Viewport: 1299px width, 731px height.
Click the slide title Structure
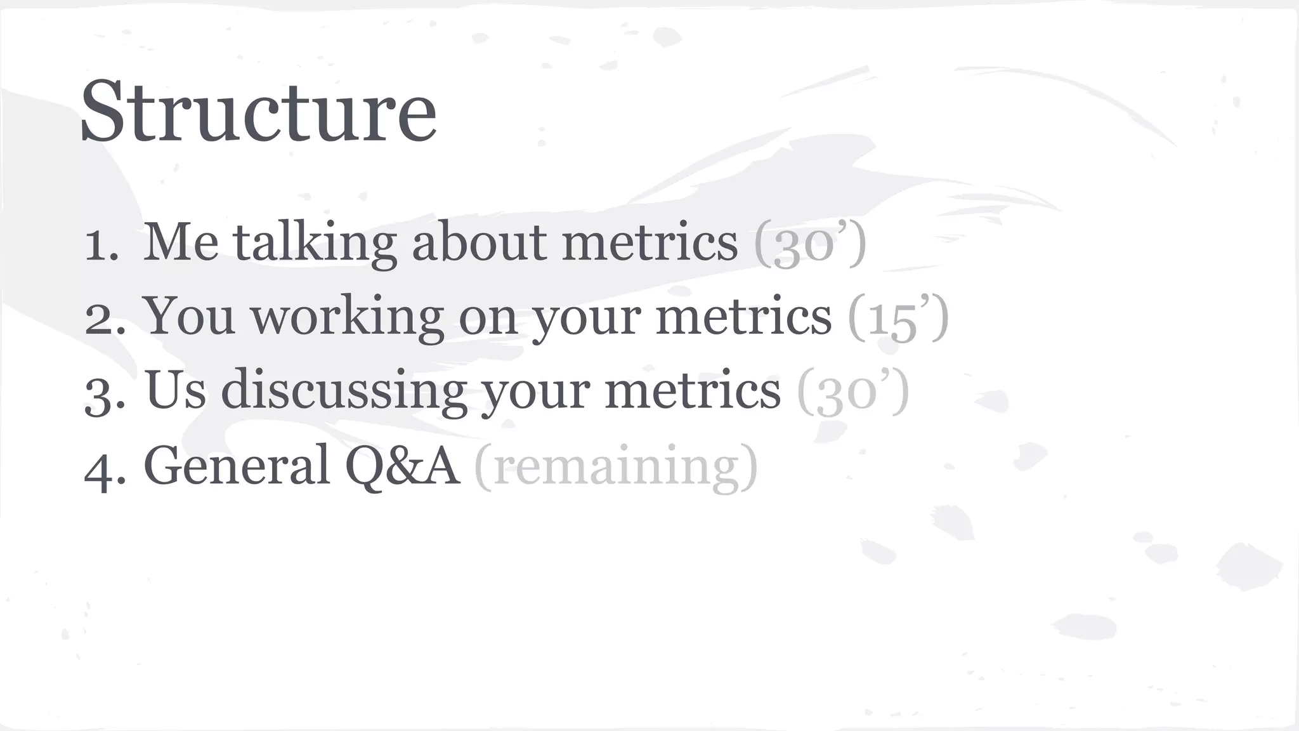pos(259,112)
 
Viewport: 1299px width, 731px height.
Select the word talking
pos(315,244)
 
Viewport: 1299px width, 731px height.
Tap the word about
pos(479,242)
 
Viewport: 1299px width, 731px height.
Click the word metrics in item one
pos(649,242)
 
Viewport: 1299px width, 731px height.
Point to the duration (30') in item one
pos(809,244)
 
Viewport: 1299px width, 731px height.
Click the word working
pos(347,317)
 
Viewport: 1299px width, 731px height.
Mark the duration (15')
pos(898,317)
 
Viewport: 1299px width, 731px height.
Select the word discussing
pos(343,391)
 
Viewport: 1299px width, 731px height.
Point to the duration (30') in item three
pos(852,392)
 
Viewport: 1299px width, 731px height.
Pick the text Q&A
pos(402,466)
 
